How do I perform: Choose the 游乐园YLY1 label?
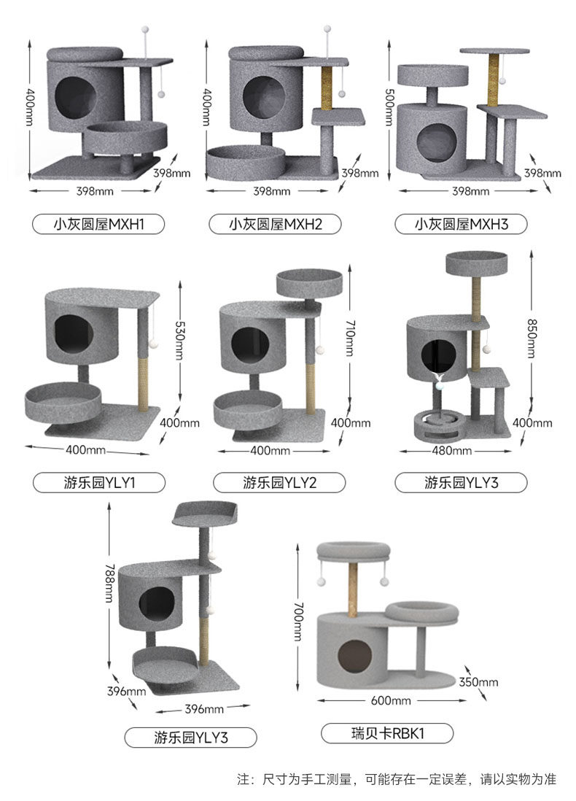[x=99, y=482]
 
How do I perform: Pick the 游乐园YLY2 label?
[x=278, y=482]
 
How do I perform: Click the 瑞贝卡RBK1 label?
[x=387, y=733]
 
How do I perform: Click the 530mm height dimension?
[x=180, y=335]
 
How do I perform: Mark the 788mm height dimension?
[x=109, y=584]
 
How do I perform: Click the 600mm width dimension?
[x=391, y=700]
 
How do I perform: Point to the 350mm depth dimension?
[x=478, y=682]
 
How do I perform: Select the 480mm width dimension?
[x=452, y=450]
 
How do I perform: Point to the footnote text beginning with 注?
[x=397, y=779]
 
